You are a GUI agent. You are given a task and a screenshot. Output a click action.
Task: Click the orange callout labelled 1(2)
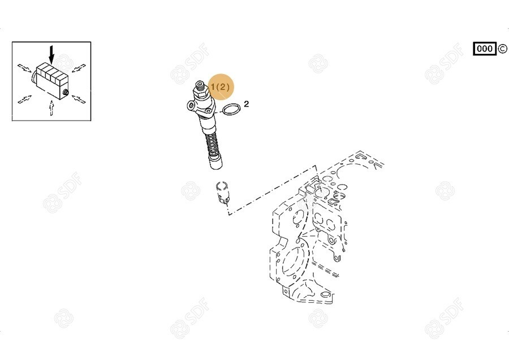pyautogui.click(x=221, y=87)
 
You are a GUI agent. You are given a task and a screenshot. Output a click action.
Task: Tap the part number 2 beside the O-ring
pyautogui.click(x=247, y=104)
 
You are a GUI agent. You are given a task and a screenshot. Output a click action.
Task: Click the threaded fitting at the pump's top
pyautogui.click(x=200, y=87)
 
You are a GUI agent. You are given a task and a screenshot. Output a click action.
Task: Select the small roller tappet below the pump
pyautogui.click(x=222, y=193)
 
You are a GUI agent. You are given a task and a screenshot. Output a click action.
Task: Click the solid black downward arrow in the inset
pyautogui.click(x=51, y=54)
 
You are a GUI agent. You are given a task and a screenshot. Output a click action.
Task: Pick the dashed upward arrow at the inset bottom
pyautogui.click(x=51, y=108)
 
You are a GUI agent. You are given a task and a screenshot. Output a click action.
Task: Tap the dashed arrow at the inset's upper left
pyautogui.click(x=24, y=68)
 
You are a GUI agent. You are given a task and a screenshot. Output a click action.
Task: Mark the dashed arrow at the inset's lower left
pyautogui.click(x=25, y=100)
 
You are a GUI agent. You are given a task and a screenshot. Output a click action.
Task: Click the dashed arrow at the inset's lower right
pyautogui.click(x=79, y=99)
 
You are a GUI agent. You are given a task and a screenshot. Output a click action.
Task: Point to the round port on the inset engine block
pyautogui.click(x=66, y=92)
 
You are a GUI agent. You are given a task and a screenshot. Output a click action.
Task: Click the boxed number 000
pyautogui.click(x=485, y=49)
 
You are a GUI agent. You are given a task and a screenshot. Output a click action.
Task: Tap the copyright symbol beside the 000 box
pyautogui.click(x=502, y=49)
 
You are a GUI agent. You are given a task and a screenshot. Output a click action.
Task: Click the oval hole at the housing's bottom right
pyautogui.click(x=325, y=295)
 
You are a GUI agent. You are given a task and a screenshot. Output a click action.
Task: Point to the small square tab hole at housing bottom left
pyautogui.click(x=286, y=292)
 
